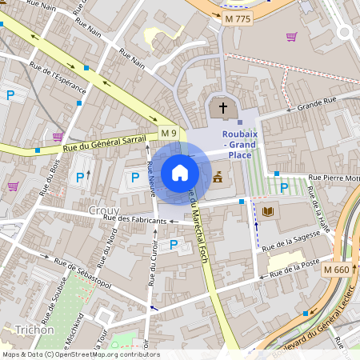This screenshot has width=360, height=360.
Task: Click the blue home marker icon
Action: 180,173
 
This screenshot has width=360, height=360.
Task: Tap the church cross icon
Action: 222,108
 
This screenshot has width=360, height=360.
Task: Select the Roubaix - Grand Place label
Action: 238,144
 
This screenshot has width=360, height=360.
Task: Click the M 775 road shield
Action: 238,18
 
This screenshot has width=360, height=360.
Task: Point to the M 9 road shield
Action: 167,132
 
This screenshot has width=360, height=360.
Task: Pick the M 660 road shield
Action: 337,270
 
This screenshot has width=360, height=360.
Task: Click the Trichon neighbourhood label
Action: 34,330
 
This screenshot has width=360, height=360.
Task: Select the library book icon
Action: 267,212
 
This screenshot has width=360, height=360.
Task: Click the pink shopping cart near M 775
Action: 291,37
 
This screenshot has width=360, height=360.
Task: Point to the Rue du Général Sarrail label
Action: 105,142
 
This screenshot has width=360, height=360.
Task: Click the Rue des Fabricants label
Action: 141,218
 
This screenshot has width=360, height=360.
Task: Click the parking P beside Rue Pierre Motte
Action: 284,188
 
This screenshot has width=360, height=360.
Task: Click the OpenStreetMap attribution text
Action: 80,354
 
